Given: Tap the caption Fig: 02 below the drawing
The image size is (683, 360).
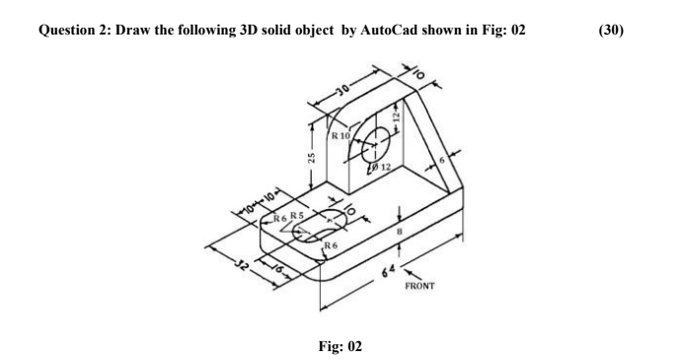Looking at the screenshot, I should click(x=340, y=345).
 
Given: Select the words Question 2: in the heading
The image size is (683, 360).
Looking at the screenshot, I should click(x=74, y=30).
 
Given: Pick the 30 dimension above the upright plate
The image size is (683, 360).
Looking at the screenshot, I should click(x=342, y=95).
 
